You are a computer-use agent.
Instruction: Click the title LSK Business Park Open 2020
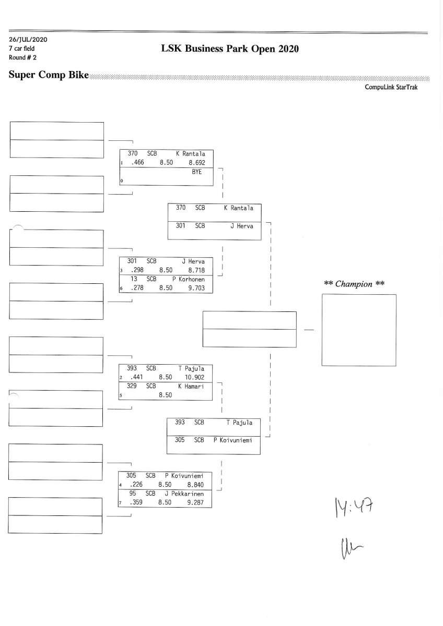tap(230, 49)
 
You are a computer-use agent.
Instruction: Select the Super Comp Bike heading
tap(49, 75)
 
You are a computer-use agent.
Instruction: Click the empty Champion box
tap(358, 330)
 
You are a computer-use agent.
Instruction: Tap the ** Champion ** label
tap(354, 284)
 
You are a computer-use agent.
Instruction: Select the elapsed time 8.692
tap(197, 163)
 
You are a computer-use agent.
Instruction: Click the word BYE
tap(197, 172)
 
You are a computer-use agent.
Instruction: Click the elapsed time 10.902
tap(194, 377)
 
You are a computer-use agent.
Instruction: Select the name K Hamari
tap(191, 386)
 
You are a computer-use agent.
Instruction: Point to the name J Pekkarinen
tap(184, 493)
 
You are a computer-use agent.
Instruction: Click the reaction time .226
tap(136, 484)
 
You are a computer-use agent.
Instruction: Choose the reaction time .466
tap(137, 163)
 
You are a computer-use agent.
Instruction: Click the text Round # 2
tap(22, 57)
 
